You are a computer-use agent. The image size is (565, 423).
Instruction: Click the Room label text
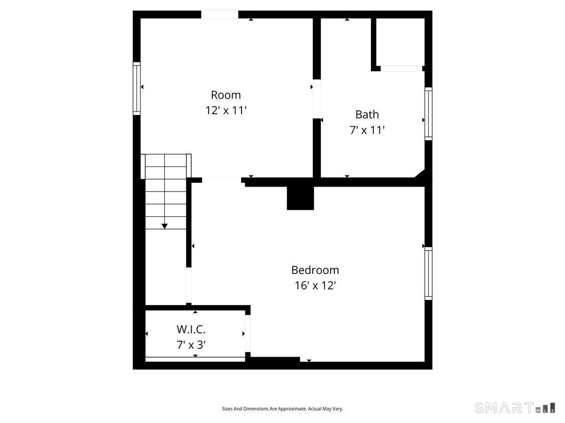coord(226,95)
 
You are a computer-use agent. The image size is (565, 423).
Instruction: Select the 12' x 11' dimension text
coord(226,110)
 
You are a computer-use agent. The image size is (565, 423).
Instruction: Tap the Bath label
coord(367,115)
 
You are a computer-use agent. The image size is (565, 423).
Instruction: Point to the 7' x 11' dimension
coord(367,130)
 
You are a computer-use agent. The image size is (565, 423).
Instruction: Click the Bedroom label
coord(315,270)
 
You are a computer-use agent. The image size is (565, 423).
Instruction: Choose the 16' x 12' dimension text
coord(315,286)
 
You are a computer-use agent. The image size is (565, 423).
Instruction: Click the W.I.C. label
coord(191,329)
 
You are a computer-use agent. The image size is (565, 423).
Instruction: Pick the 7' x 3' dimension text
coord(191,345)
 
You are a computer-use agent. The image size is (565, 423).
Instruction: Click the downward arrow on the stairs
coord(164,226)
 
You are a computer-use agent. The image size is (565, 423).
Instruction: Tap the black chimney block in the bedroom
coord(300,198)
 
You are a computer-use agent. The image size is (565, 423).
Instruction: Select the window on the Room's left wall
coord(137,88)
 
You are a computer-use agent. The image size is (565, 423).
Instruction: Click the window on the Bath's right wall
coord(428,113)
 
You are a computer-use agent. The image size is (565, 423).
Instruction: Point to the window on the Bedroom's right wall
coord(428,274)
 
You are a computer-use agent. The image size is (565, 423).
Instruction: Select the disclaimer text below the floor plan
coord(282,409)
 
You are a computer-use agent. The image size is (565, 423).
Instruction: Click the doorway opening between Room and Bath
coord(317,99)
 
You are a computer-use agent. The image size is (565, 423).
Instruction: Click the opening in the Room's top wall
coord(220,15)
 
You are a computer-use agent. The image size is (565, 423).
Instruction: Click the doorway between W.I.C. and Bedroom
coord(248,333)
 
